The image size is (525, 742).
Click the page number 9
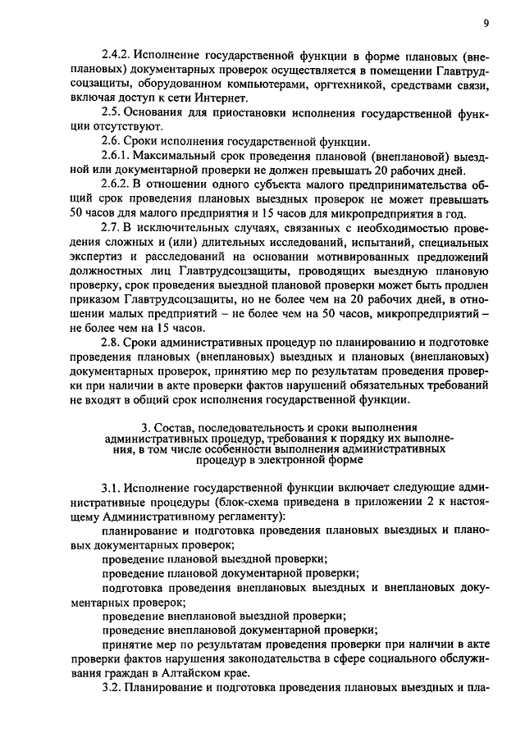486,24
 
